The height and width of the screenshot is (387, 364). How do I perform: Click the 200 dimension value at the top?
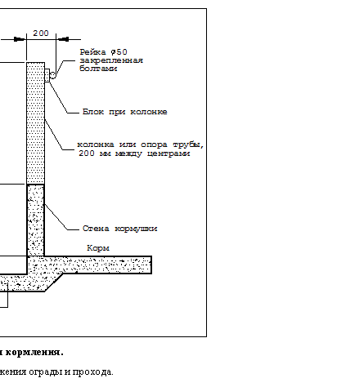[41, 33]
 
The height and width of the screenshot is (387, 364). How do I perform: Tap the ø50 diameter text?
[119, 52]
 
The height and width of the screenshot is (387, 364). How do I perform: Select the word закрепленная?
[111, 60]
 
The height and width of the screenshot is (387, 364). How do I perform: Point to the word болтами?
[98, 69]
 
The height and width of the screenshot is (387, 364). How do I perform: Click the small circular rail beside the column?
[52, 75]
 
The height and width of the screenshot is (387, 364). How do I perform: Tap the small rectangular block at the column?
[47, 75]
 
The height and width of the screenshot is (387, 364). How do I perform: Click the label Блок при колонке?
[125, 112]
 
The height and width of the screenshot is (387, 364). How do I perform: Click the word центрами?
[169, 153]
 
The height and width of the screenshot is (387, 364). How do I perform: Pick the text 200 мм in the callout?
[95, 153]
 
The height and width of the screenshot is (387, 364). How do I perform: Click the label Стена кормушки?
[119, 229]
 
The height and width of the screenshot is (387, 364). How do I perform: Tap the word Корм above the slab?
[98, 248]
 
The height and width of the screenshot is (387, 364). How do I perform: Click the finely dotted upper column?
[35, 123]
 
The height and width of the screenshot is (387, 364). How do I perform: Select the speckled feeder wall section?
[36, 220]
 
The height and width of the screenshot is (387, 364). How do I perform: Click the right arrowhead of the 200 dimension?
[62, 39]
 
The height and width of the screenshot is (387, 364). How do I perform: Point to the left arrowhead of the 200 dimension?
[20, 39]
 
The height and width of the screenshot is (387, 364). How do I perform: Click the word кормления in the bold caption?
[34, 353]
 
